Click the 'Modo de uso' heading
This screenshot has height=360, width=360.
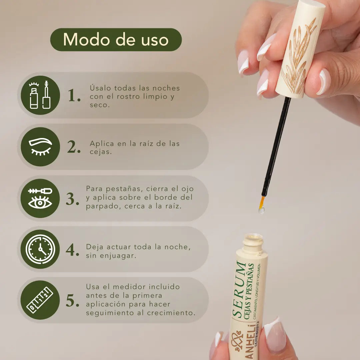coord(116,40)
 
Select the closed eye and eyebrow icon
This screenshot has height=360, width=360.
coord(40,147)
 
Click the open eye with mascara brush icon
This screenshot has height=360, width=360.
coord(40,198)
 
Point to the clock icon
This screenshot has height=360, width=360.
coord(40,249)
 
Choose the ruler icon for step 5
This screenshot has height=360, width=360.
coord(40,300)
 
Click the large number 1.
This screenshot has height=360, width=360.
coord(74,96)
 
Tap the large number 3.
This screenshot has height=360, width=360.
coord(72,199)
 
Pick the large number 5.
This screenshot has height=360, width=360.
coord(72,301)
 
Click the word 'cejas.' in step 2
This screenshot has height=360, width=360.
coord(100,152)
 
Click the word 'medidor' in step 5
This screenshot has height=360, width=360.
coord(128,287)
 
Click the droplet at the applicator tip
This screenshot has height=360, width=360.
coord(261,210)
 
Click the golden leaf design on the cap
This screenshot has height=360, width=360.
coord(298,57)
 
